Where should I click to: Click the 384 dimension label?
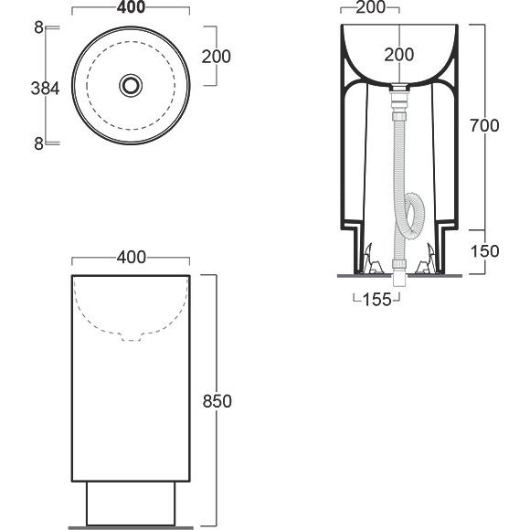point(45,89)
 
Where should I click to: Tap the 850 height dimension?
point(217,401)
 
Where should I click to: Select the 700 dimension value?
point(484,126)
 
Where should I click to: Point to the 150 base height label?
point(484,251)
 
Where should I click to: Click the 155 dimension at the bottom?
point(376,299)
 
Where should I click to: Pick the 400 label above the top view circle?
point(132,7)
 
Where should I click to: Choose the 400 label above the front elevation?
point(132,258)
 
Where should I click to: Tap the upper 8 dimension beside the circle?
point(39,27)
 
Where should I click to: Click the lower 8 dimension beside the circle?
point(39,144)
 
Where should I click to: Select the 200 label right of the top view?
point(216,57)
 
